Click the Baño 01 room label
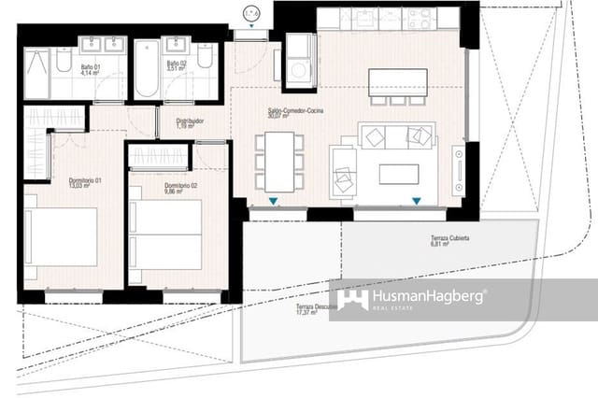click(91, 69)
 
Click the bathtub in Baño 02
click(147, 70)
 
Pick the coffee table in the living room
click(398, 174)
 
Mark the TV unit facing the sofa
click(458, 168)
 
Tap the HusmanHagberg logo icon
click(353, 299)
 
